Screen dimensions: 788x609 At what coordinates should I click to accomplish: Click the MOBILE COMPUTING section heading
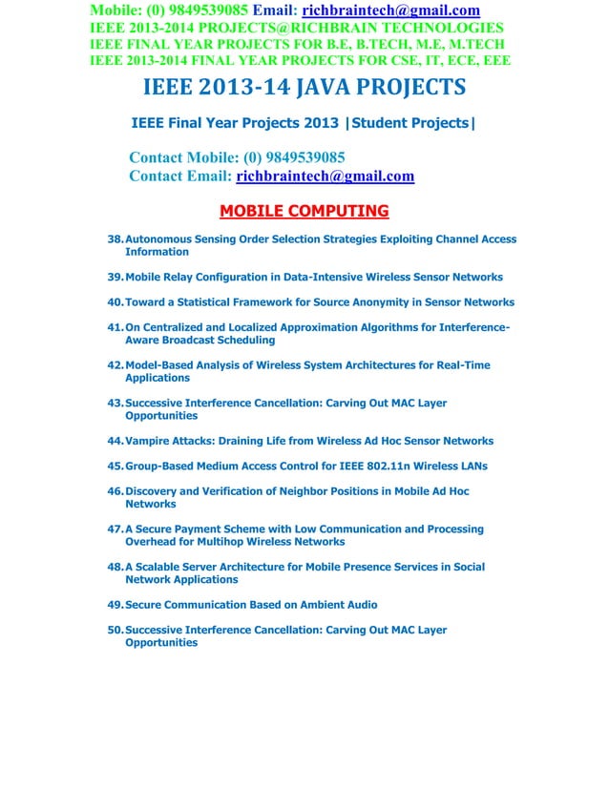pyautogui.click(x=304, y=211)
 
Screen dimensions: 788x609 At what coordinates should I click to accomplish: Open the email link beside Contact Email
pyautogui.click(x=325, y=176)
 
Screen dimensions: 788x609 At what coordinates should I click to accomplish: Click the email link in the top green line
pyautogui.click(x=390, y=10)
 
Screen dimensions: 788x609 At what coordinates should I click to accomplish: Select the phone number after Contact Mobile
pyautogui.click(x=299, y=157)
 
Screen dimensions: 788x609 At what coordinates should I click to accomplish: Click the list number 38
pyautogui.click(x=115, y=239)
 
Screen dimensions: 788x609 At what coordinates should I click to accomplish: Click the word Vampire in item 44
pyautogui.click(x=148, y=441)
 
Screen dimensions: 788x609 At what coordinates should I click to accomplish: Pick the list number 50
pyautogui.click(x=115, y=630)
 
